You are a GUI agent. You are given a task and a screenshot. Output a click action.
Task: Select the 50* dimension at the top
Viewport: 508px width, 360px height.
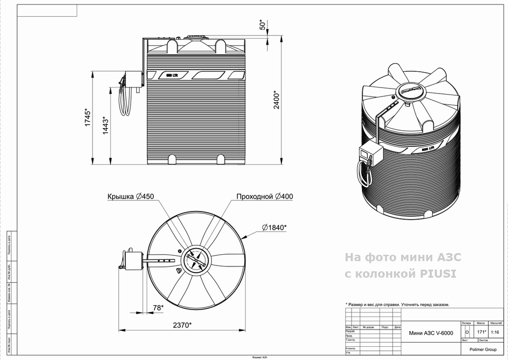[x=262, y=25]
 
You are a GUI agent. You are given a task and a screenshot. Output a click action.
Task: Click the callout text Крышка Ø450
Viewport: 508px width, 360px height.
[x=131, y=196]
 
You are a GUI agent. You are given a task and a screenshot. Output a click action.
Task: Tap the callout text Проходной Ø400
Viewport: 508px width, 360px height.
[x=264, y=196]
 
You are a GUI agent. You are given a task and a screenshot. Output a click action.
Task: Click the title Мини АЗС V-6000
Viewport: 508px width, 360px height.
[x=430, y=334]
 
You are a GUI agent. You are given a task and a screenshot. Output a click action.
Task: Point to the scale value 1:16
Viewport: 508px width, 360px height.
[x=495, y=333]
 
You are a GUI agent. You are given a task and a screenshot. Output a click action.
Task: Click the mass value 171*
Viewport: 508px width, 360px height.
[x=482, y=333]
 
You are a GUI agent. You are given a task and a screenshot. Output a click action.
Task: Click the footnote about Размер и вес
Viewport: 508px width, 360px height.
[x=397, y=304]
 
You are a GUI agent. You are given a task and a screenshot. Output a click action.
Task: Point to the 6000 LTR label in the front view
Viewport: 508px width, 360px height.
[x=172, y=75]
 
